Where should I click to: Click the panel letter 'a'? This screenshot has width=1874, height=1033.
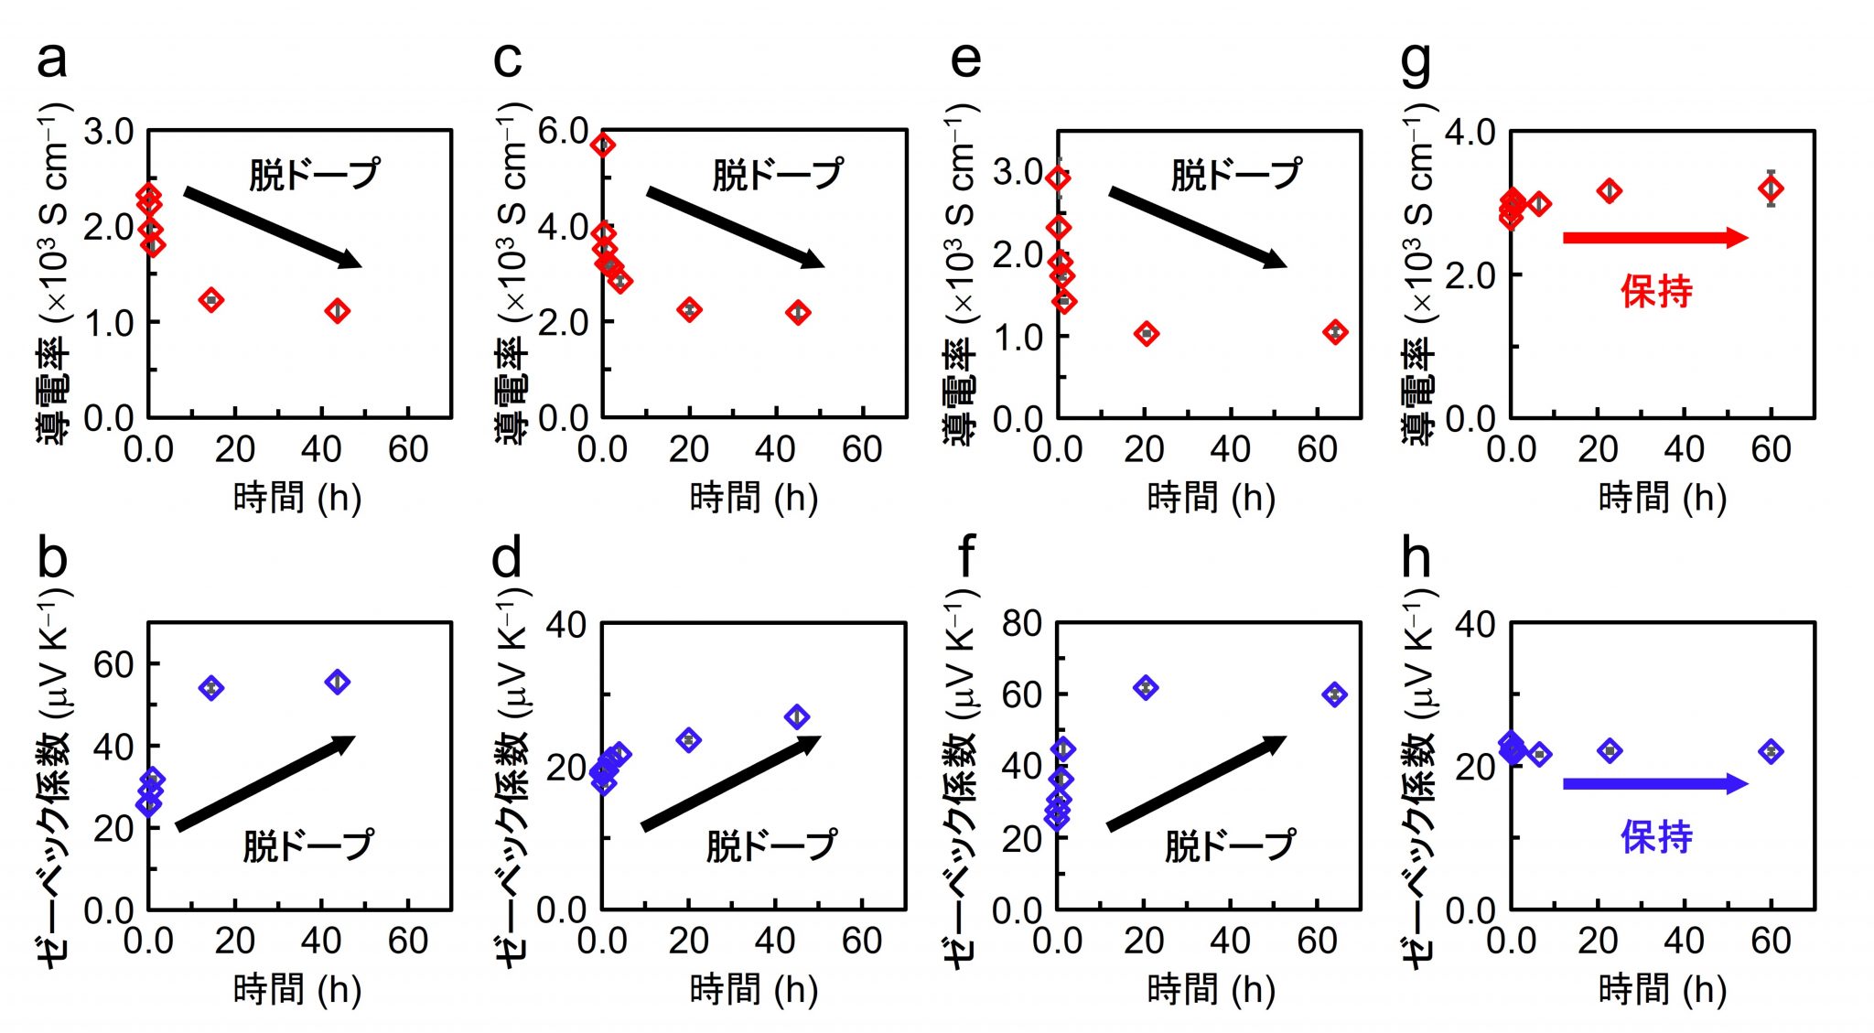[x=51, y=60]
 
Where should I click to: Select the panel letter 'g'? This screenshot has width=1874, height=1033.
[x=1416, y=62]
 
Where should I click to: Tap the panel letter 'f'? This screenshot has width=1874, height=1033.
[x=965, y=555]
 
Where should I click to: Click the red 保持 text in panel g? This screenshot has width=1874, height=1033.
[x=1656, y=292]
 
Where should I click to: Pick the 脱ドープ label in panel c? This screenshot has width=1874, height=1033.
[x=778, y=174]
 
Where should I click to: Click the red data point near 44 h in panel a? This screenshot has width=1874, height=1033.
[x=338, y=311]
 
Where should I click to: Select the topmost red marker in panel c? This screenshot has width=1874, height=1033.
[x=603, y=145]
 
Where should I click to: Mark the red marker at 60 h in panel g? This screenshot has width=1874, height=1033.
[x=1771, y=189]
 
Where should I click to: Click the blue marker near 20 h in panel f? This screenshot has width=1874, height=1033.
[x=1146, y=688]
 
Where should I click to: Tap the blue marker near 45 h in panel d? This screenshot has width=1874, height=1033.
[x=797, y=717]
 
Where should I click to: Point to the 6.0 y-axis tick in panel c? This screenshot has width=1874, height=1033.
[x=562, y=132]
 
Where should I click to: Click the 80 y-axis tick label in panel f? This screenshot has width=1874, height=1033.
[x=1021, y=624]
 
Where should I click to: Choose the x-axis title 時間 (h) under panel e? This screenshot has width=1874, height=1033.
[x=1211, y=499]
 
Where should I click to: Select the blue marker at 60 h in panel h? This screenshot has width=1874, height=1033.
[x=1771, y=752]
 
